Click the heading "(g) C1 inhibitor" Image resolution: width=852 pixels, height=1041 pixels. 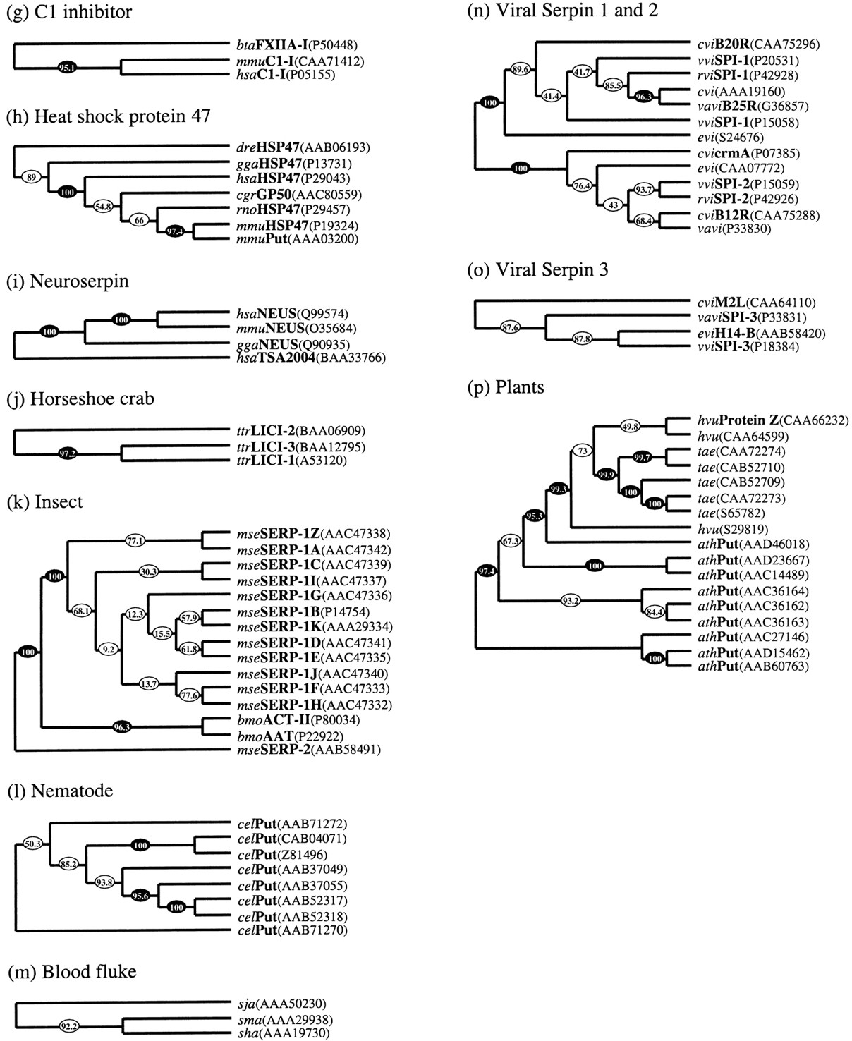(69, 12)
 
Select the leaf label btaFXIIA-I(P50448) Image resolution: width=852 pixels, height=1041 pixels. (297, 45)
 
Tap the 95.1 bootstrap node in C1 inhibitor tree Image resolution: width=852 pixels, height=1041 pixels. (66, 68)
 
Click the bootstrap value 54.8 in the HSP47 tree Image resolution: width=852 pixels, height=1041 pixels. (103, 207)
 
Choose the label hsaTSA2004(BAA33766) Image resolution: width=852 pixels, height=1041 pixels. (311, 358)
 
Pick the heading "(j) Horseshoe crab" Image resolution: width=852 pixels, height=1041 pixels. (80, 398)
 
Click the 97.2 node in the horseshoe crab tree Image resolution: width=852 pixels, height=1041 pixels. (66, 453)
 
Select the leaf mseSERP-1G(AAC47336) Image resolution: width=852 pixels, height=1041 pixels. (315, 596)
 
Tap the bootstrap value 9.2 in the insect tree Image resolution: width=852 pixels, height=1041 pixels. (108, 650)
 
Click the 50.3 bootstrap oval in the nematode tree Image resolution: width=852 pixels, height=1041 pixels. (33, 844)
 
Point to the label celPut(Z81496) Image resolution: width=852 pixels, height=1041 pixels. (283, 854)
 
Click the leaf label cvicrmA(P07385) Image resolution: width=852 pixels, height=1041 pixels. (749, 154)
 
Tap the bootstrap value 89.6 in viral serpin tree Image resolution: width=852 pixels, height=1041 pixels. (521, 70)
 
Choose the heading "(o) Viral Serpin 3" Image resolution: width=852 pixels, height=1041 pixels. (537, 269)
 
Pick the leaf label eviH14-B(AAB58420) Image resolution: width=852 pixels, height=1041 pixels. (761, 333)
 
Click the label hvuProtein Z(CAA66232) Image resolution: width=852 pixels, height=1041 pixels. (773, 420)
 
